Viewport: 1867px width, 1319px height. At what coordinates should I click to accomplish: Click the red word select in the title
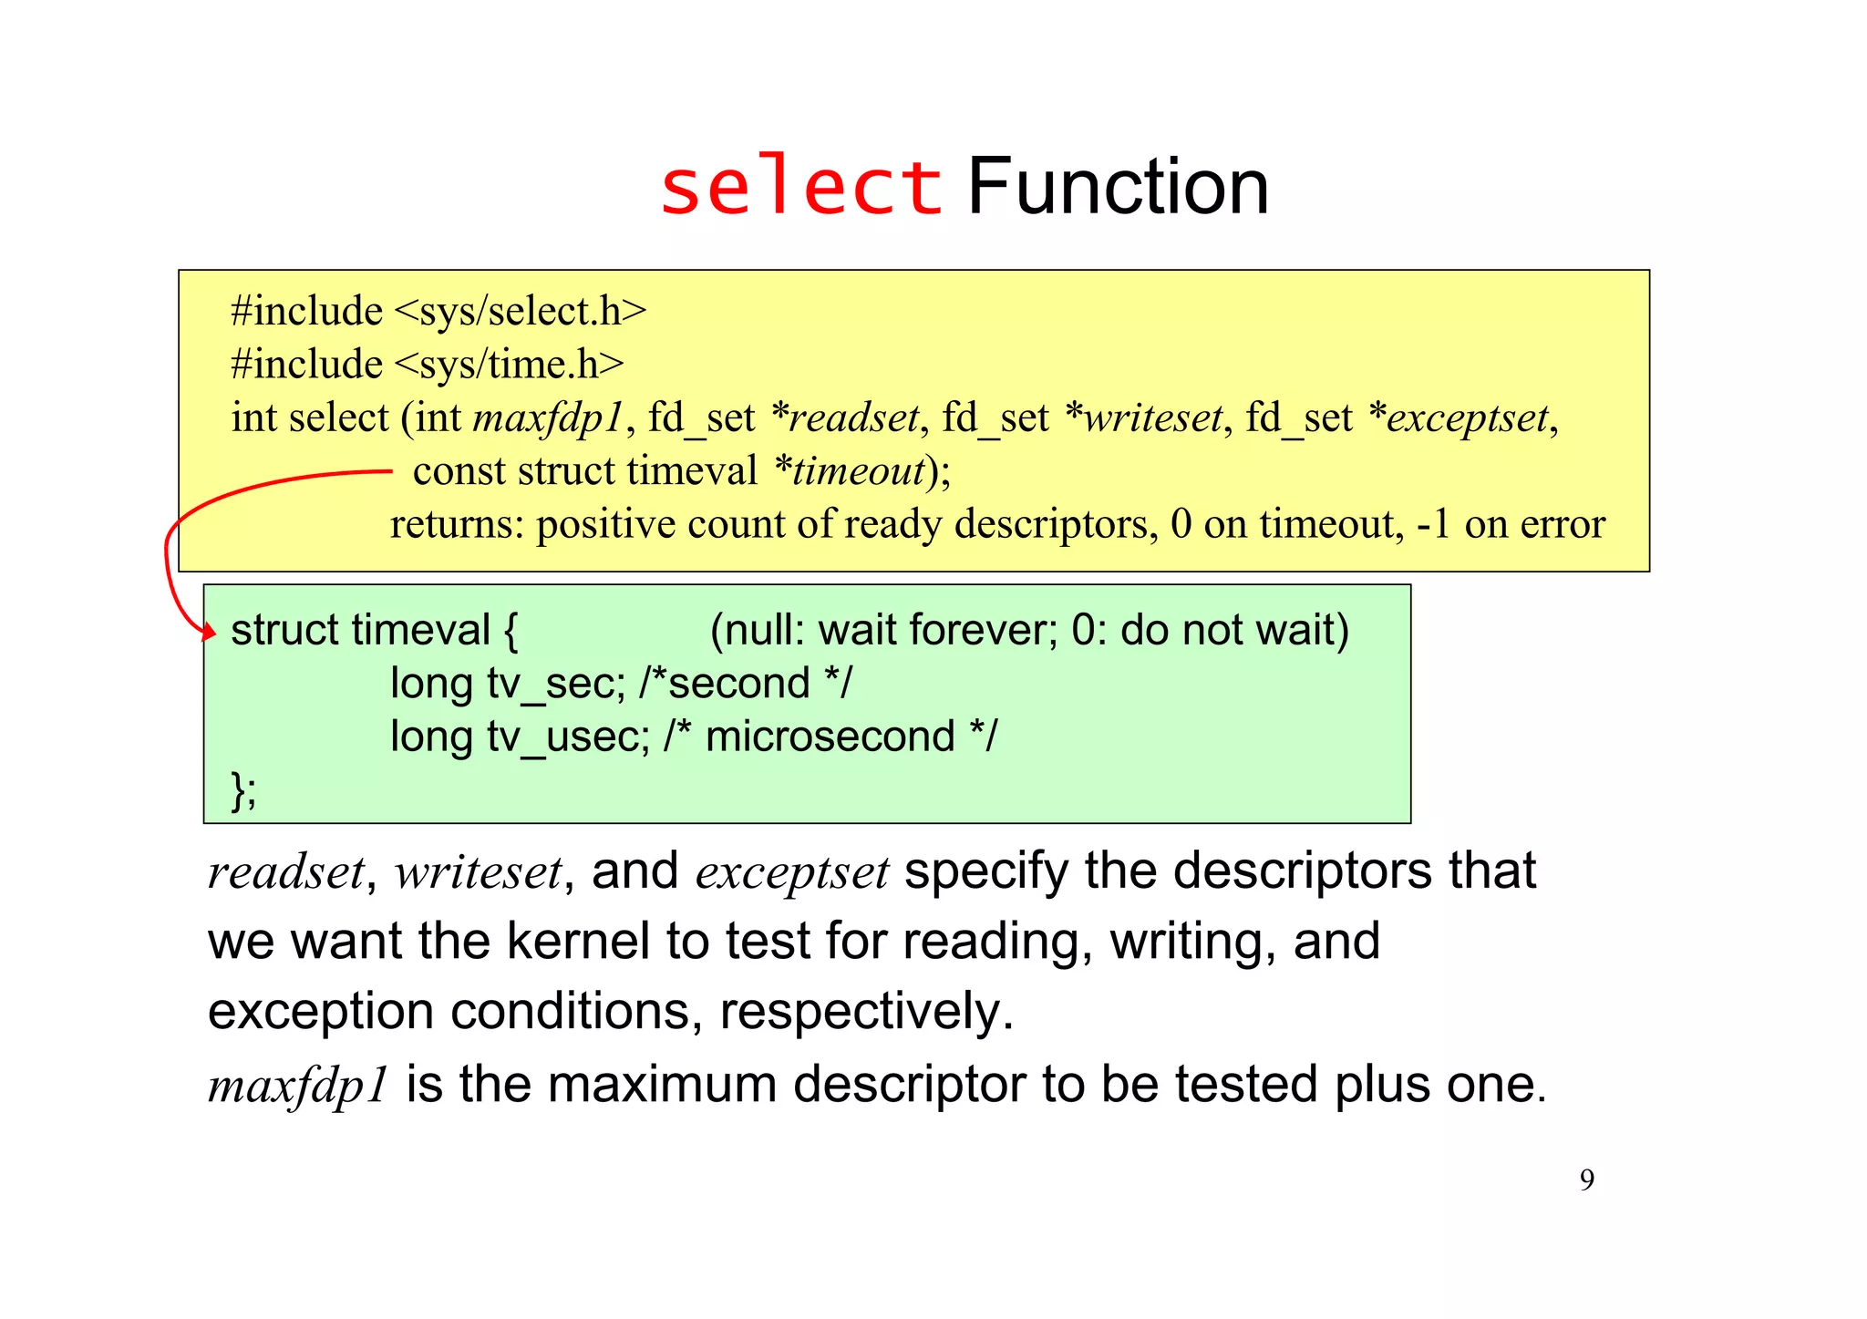pos(800,187)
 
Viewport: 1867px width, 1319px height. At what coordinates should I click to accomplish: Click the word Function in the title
pos(1117,187)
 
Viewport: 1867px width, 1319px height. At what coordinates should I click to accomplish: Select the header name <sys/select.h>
pos(521,312)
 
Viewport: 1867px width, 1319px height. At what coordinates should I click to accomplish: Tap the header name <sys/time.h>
pos(510,365)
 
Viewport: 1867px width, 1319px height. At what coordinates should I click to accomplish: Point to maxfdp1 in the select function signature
pos(548,418)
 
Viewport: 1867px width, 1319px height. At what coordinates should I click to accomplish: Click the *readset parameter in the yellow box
pos(845,418)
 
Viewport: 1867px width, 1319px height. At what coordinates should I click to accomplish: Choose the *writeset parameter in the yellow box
pos(1143,418)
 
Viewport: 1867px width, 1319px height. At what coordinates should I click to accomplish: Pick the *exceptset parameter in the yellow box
pos(1459,418)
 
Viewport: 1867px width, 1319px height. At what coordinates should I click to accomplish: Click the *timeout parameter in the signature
pos(850,471)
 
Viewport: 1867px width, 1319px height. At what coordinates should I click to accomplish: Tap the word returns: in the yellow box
pos(457,525)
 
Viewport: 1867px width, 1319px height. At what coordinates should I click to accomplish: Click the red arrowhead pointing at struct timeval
pos(209,631)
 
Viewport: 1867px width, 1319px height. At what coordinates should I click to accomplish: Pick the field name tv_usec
pos(567,737)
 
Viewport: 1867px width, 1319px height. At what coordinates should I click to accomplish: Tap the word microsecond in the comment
pos(830,737)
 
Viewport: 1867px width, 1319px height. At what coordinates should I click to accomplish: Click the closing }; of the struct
pos(243,789)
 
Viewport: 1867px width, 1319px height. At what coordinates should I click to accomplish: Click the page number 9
pos(1587,1180)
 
